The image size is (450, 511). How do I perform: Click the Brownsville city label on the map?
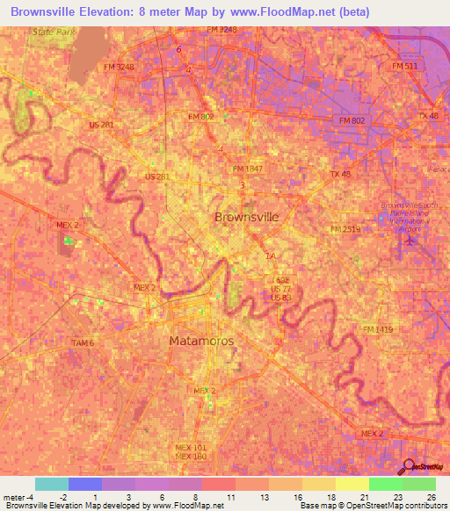pos(247,216)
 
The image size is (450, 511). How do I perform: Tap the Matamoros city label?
pos(200,340)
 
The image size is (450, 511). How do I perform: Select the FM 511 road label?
pos(405,67)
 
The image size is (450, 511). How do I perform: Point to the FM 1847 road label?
pos(248,169)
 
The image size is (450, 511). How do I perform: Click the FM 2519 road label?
pos(346,229)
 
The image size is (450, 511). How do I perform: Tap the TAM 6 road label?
pos(83,342)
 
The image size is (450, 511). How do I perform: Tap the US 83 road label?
pos(280,298)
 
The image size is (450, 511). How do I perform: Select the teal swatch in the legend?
pos(51,484)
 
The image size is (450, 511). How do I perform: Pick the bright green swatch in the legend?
pos(385,484)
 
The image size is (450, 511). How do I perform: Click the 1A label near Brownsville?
pos(270,256)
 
